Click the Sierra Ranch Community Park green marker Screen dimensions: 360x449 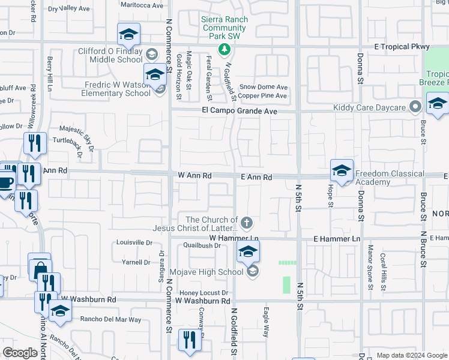[224, 48]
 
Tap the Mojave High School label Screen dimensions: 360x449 [214, 272]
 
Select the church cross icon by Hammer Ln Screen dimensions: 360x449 [247, 224]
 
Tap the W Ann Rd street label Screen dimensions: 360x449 [194, 176]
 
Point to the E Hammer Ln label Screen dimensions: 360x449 [336, 239]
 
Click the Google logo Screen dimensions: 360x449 [20, 353]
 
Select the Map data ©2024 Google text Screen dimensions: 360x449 [411, 355]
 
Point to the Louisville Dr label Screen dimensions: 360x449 [134, 243]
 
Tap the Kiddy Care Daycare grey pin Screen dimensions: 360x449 [415, 108]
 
